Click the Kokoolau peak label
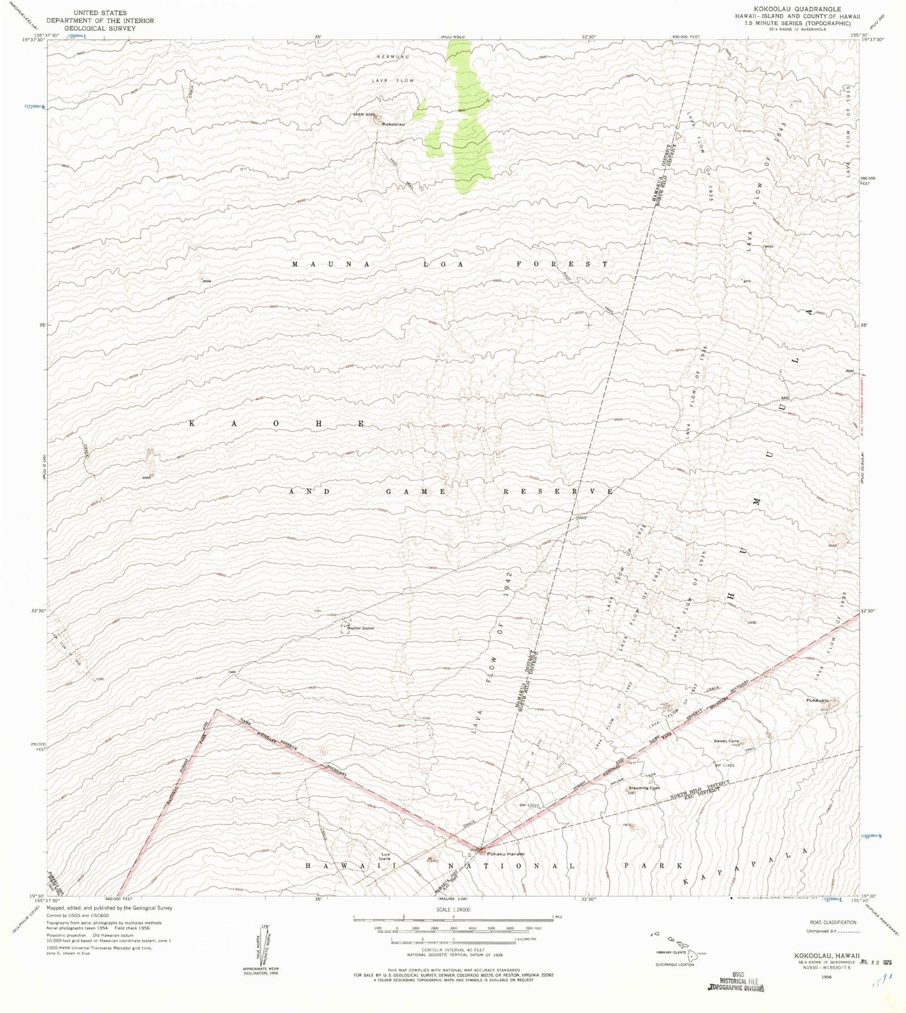click(394, 124)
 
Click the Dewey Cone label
click(727, 741)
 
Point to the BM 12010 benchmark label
click(530, 805)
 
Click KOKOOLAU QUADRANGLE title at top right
click(795, 9)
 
